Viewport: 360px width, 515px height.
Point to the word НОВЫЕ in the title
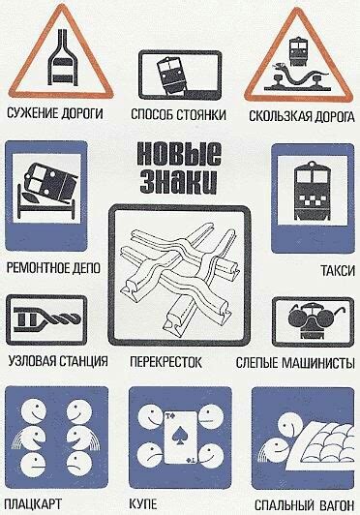(180, 155)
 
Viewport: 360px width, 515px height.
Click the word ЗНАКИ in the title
(180, 180)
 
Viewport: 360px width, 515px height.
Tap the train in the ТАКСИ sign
(313, 189)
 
